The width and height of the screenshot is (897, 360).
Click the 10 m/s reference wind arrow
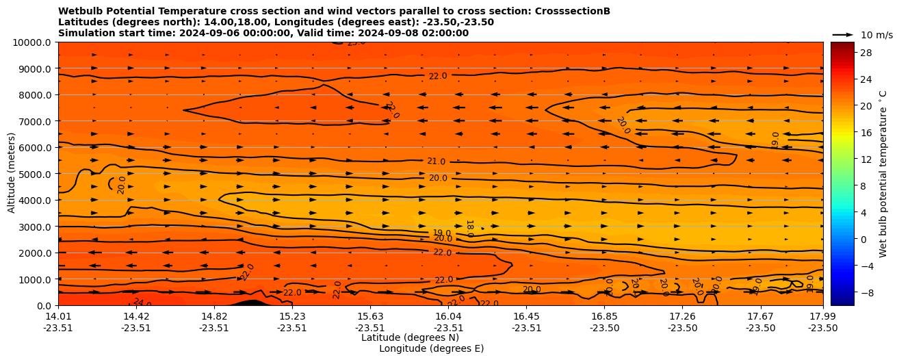tap(842, 34)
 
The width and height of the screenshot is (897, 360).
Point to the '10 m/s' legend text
tap(876, 35)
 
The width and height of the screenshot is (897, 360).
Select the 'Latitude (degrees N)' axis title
tap(410, 337)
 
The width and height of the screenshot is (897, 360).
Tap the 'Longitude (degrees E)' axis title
tap(431, 348)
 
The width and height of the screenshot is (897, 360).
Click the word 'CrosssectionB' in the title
tap(576, 11)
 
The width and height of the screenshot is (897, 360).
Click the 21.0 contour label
tap(436, 162)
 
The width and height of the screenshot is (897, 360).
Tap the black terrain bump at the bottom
tap(251, 302)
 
